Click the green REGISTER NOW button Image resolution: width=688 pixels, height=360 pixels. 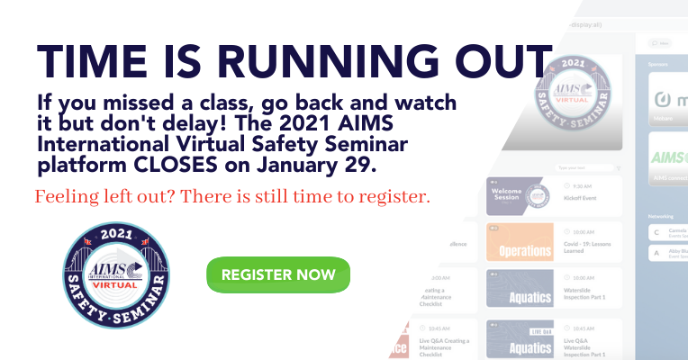[277, 274]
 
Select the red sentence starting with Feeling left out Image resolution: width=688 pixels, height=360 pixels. [232, 195]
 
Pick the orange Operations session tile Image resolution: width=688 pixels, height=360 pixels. [519, 243]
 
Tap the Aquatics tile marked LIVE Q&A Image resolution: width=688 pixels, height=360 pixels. [519, 338]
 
